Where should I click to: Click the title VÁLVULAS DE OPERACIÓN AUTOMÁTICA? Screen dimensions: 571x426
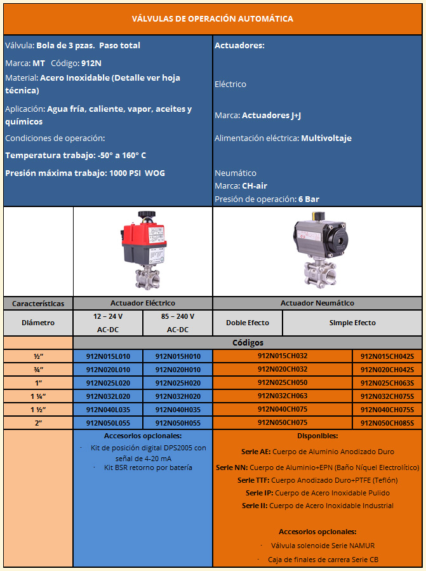click(213, 18)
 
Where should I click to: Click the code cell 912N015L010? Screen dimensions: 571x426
click(108, 356)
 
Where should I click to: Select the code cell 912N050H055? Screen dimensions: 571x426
click(178, 422)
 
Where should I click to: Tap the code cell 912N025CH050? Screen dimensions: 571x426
click(283, 382)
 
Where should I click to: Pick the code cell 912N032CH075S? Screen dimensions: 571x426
click(387, 396)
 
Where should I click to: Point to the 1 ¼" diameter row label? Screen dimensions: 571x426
click(38, 396)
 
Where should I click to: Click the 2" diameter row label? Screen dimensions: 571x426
click(38, 422)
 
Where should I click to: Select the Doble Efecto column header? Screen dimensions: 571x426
click(248, 323)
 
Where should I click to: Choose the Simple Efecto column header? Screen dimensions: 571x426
click(352, 323)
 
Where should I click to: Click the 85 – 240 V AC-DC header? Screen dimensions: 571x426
click(178, 323)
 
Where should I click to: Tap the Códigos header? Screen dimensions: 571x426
click(248, 343)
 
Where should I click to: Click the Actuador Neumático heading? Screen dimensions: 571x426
click(317, 304)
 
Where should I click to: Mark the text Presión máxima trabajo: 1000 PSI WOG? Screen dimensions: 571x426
click(85, 173)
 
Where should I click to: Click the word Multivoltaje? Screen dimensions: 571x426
click(326, 138)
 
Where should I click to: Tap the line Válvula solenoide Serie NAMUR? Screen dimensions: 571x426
click(317, 545)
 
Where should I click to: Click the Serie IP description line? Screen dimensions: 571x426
click(317, 492)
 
